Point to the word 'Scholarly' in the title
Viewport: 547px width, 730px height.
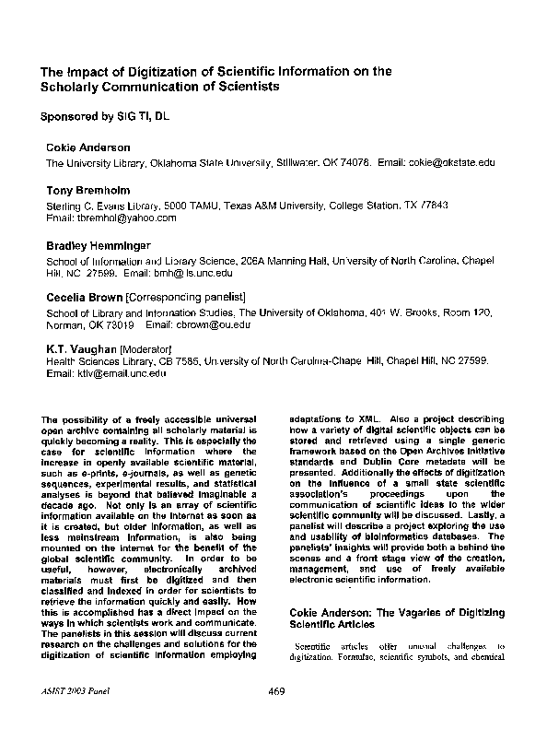point(70,86)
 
